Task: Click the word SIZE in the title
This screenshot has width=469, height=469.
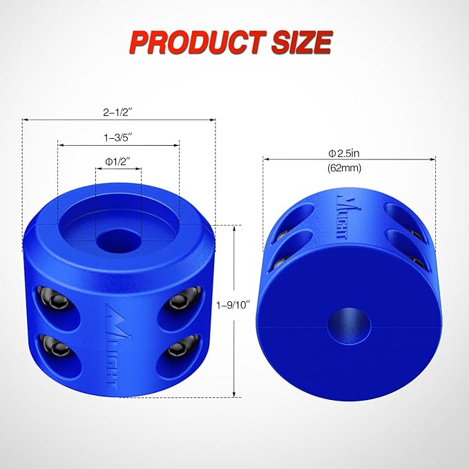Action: click(x=298, y=42)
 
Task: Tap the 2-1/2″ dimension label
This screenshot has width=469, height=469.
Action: click(x=117, y=111)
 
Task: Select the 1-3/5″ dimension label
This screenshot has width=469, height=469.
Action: click(x=117, y=137)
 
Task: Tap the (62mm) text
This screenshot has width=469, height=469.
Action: click(x=350, y=167)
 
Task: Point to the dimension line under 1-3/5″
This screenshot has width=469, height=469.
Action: click(x=118, y=145)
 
